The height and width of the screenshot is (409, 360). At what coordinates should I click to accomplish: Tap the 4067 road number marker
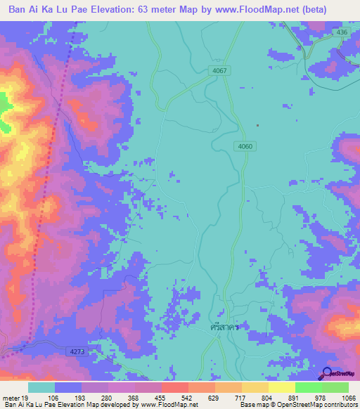click(219, 71)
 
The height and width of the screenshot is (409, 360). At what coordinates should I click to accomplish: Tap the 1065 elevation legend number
click(347, 397)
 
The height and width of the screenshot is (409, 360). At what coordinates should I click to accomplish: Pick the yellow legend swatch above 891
click(282, 387)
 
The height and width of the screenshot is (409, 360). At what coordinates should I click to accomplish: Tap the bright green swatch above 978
click(309, 387)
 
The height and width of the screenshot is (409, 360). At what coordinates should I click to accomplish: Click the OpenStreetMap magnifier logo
click(326, 374)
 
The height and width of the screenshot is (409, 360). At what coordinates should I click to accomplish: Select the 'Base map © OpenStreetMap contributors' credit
click(298, 405)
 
